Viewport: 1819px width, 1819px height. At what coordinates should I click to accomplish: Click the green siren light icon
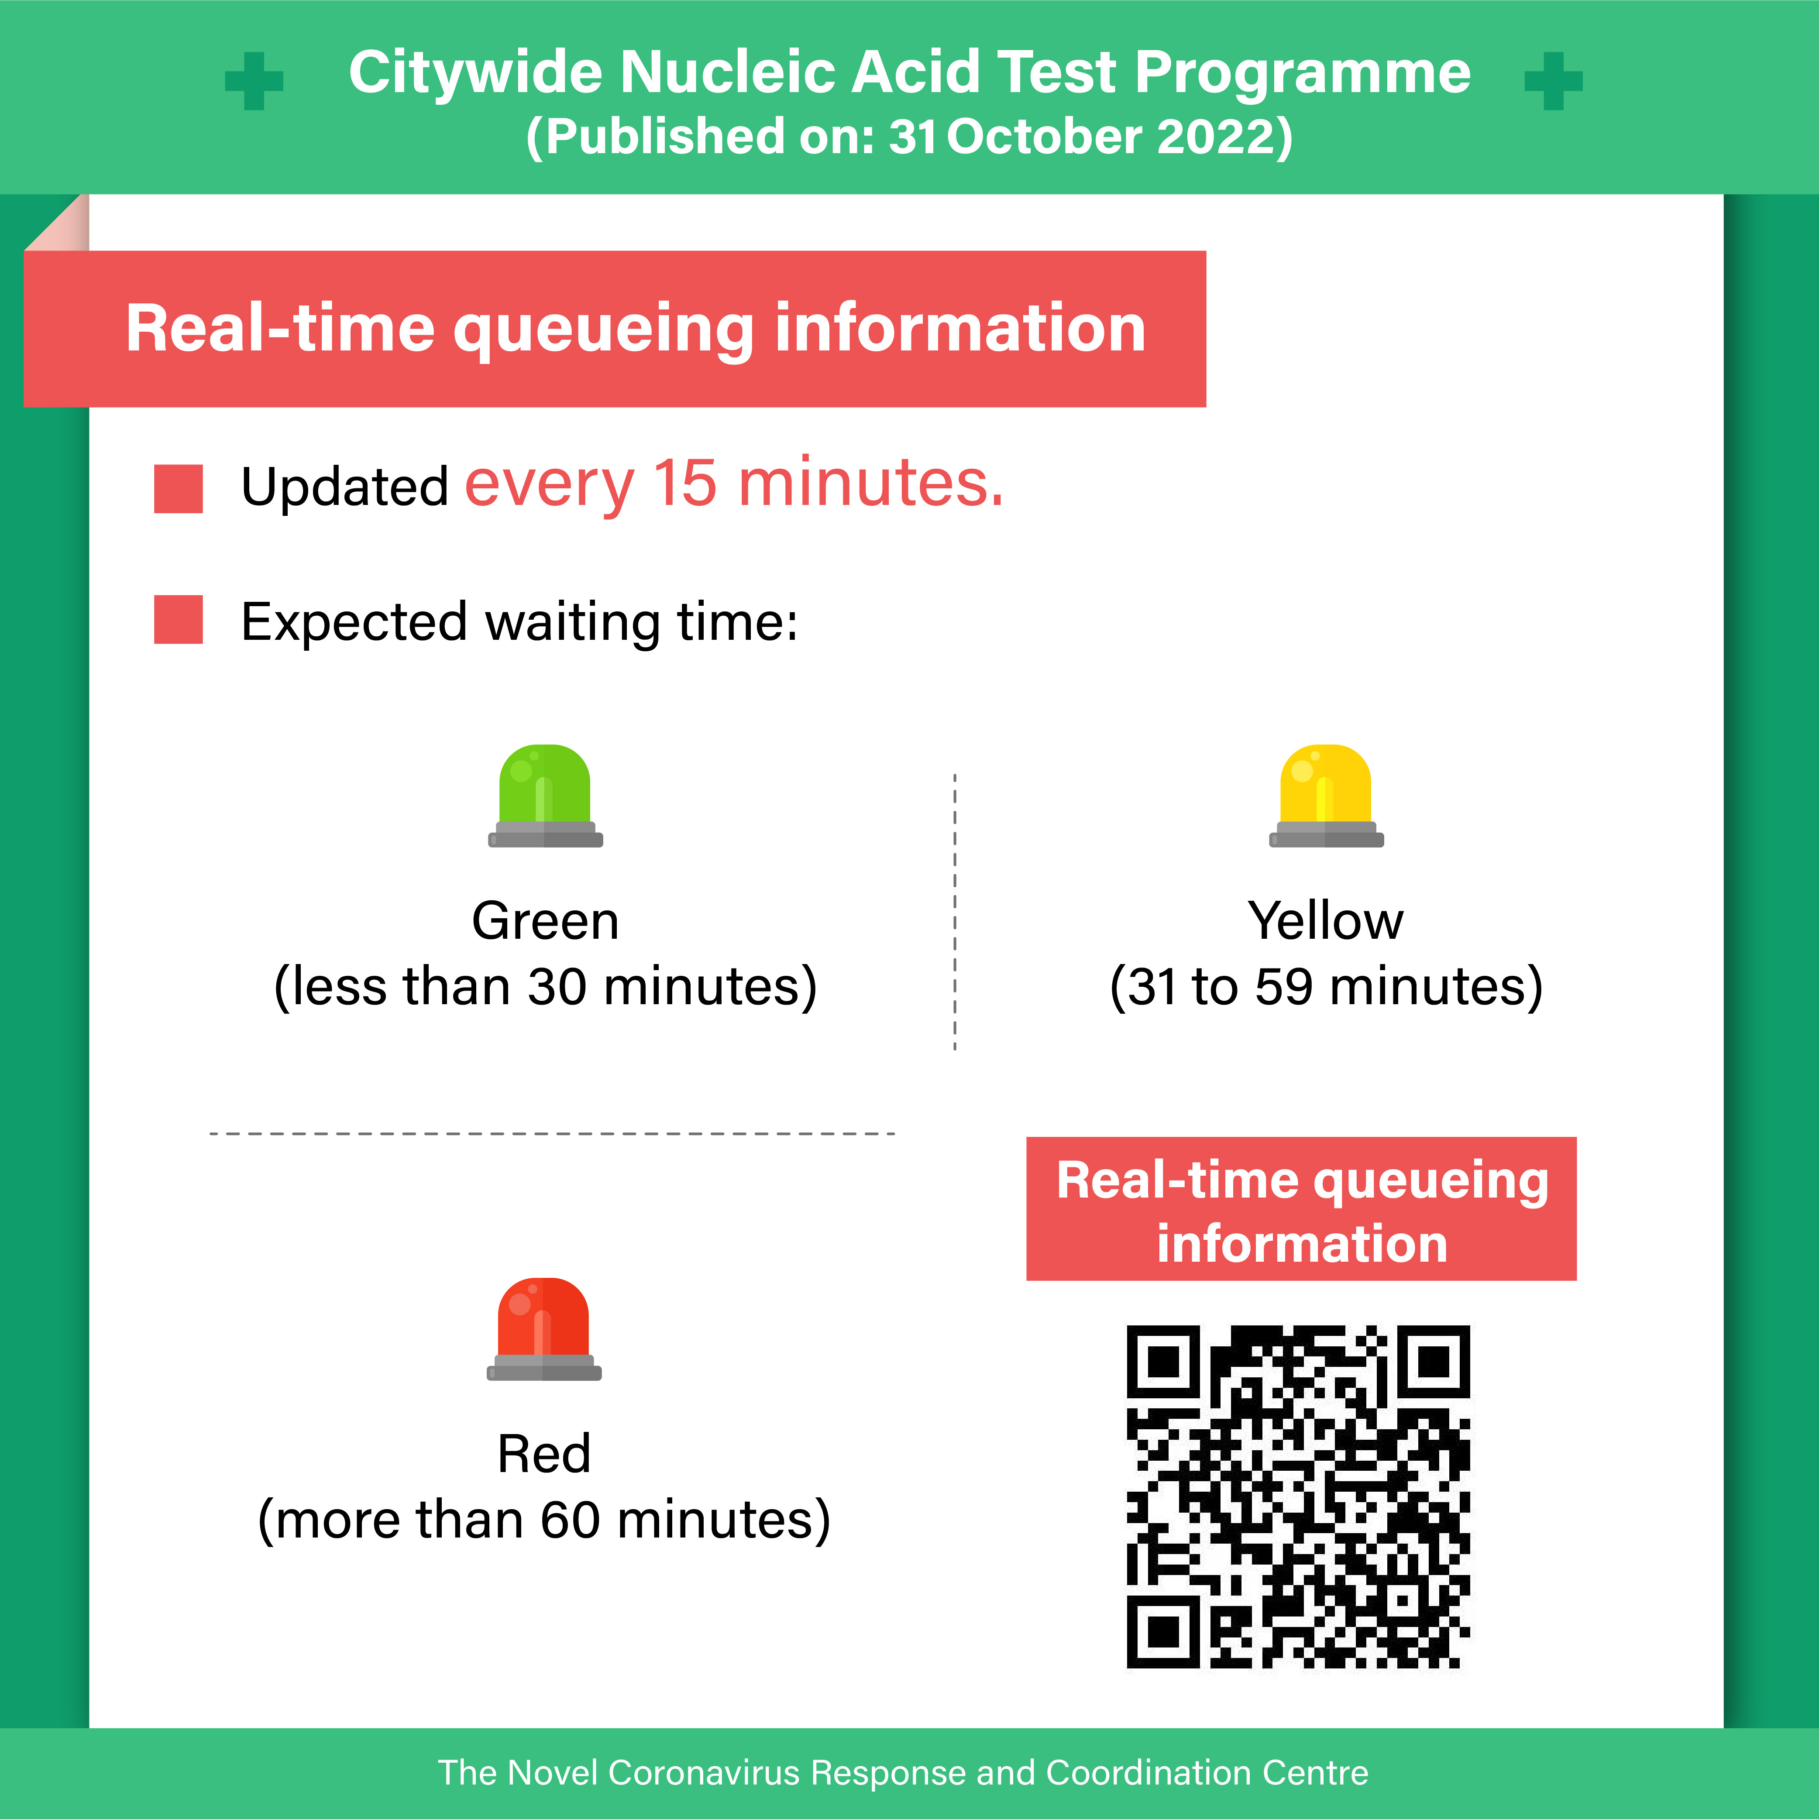[545, 796]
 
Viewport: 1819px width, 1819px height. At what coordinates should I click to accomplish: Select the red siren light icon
[544, 1328]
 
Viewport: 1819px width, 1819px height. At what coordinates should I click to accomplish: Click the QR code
[1298, 1497]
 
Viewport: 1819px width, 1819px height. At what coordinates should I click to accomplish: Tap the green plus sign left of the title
[254, 81]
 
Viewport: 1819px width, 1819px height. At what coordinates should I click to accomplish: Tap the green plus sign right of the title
[1554, 81]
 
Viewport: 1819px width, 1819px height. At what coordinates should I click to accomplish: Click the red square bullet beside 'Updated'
[179, 489]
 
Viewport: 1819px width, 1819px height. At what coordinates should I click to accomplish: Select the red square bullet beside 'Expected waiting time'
[179, 620]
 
